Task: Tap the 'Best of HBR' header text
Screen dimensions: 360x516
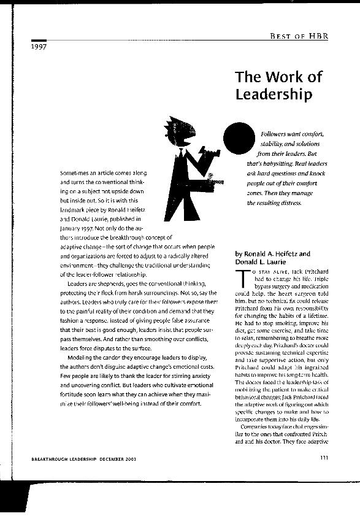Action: (299, 37)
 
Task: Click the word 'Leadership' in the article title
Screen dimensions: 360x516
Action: (274, 94)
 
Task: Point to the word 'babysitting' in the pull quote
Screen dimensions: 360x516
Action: (273, 164)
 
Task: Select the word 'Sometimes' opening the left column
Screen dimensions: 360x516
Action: (74, 174)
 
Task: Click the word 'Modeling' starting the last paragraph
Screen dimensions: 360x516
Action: (80, 357)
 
